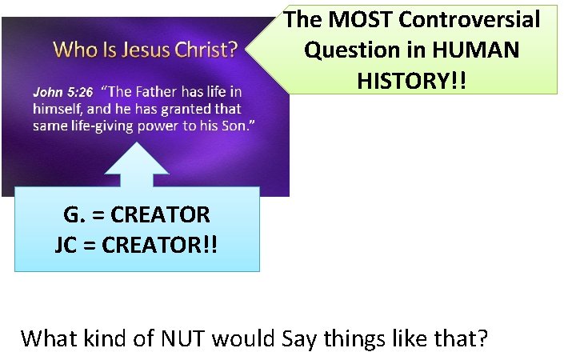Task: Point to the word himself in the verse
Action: click(x=61, y=109)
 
